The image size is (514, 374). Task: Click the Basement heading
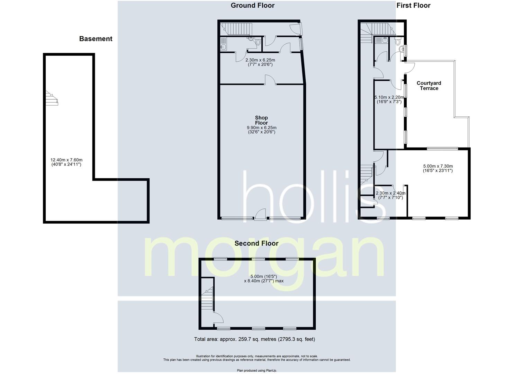tap(96, 39)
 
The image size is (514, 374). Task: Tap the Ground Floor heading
tap(252, 6)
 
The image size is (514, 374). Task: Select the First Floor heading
tap(413, 6)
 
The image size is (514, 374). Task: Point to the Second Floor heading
tap(256, 243)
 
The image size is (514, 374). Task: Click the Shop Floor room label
tap(261, 120)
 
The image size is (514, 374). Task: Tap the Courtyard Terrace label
tap(429, 86)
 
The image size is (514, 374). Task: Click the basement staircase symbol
tap(52, 98)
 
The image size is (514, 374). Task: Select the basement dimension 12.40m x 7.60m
tap(66, 162)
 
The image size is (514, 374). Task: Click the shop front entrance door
tap(260, 215)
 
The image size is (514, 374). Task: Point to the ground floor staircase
tap(236, 29)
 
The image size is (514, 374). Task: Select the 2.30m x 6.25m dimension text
tap(260, 62)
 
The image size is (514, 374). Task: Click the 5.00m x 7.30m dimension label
tap(438, 168)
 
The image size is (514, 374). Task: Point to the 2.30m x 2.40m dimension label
tap(390, 195)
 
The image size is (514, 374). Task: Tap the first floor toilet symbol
tap(398, 42)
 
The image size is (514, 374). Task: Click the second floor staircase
tap(207, 298)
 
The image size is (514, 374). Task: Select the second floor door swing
tap(218, 317)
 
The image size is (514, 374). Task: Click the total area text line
tap(254, 339)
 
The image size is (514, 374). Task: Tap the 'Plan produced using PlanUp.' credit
tap(257, 370)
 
